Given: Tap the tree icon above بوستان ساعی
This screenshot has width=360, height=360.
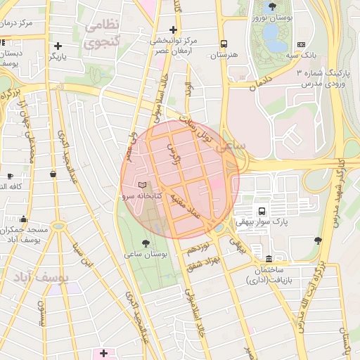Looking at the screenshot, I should tap(145, 243).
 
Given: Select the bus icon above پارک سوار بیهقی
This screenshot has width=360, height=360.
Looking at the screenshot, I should tap(262, 211).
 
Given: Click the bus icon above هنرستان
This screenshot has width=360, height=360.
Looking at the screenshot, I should tap(224, 44).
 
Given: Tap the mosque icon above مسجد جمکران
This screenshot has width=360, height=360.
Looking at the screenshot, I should tap(24, 219).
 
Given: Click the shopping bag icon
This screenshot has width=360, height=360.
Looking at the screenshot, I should tap(53, 174).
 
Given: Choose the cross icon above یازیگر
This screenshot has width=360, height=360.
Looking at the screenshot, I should tap(58, 46).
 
